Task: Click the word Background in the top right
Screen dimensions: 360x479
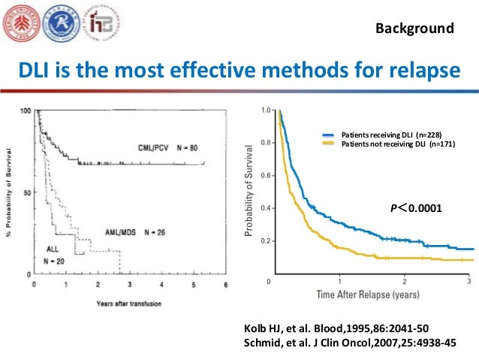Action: [414, 29]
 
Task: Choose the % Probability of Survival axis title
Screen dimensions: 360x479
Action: [11, 192]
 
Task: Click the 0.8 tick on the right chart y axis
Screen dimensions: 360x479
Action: [266, 143]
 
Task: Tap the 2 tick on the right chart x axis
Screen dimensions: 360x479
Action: [405, 280]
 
